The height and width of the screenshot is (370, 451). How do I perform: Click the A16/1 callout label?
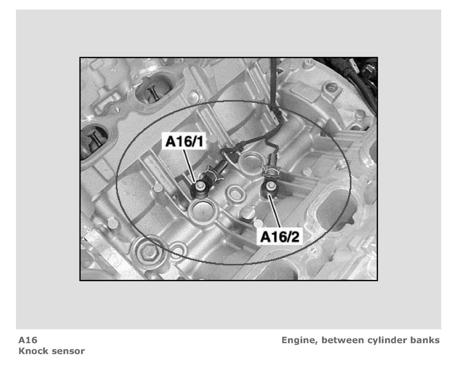[x=184, y=141]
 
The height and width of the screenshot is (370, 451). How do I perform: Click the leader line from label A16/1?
[x=189, y=165]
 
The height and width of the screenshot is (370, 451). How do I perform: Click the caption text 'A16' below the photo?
[x=28, y=340]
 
